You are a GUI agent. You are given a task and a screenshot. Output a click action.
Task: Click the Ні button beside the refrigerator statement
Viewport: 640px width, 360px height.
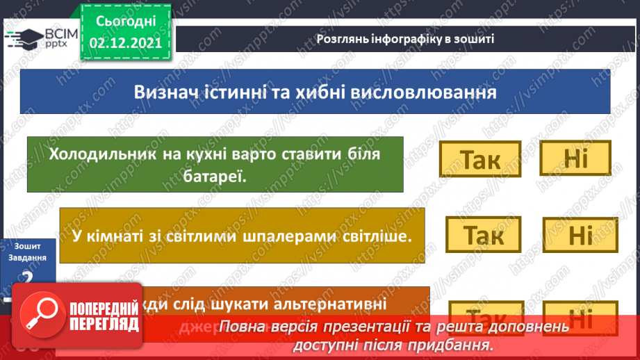pos(576,159)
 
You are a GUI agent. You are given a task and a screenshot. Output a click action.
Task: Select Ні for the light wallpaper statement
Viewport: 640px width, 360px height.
pos(578,236)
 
